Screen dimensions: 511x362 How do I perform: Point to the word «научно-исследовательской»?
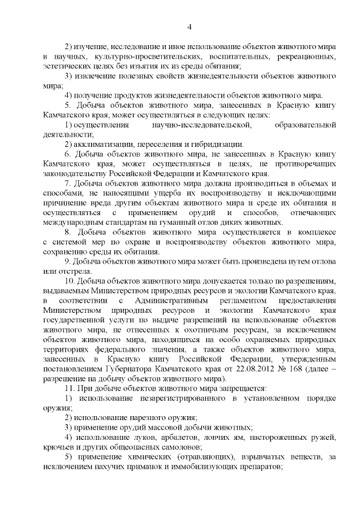[197, 124]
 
